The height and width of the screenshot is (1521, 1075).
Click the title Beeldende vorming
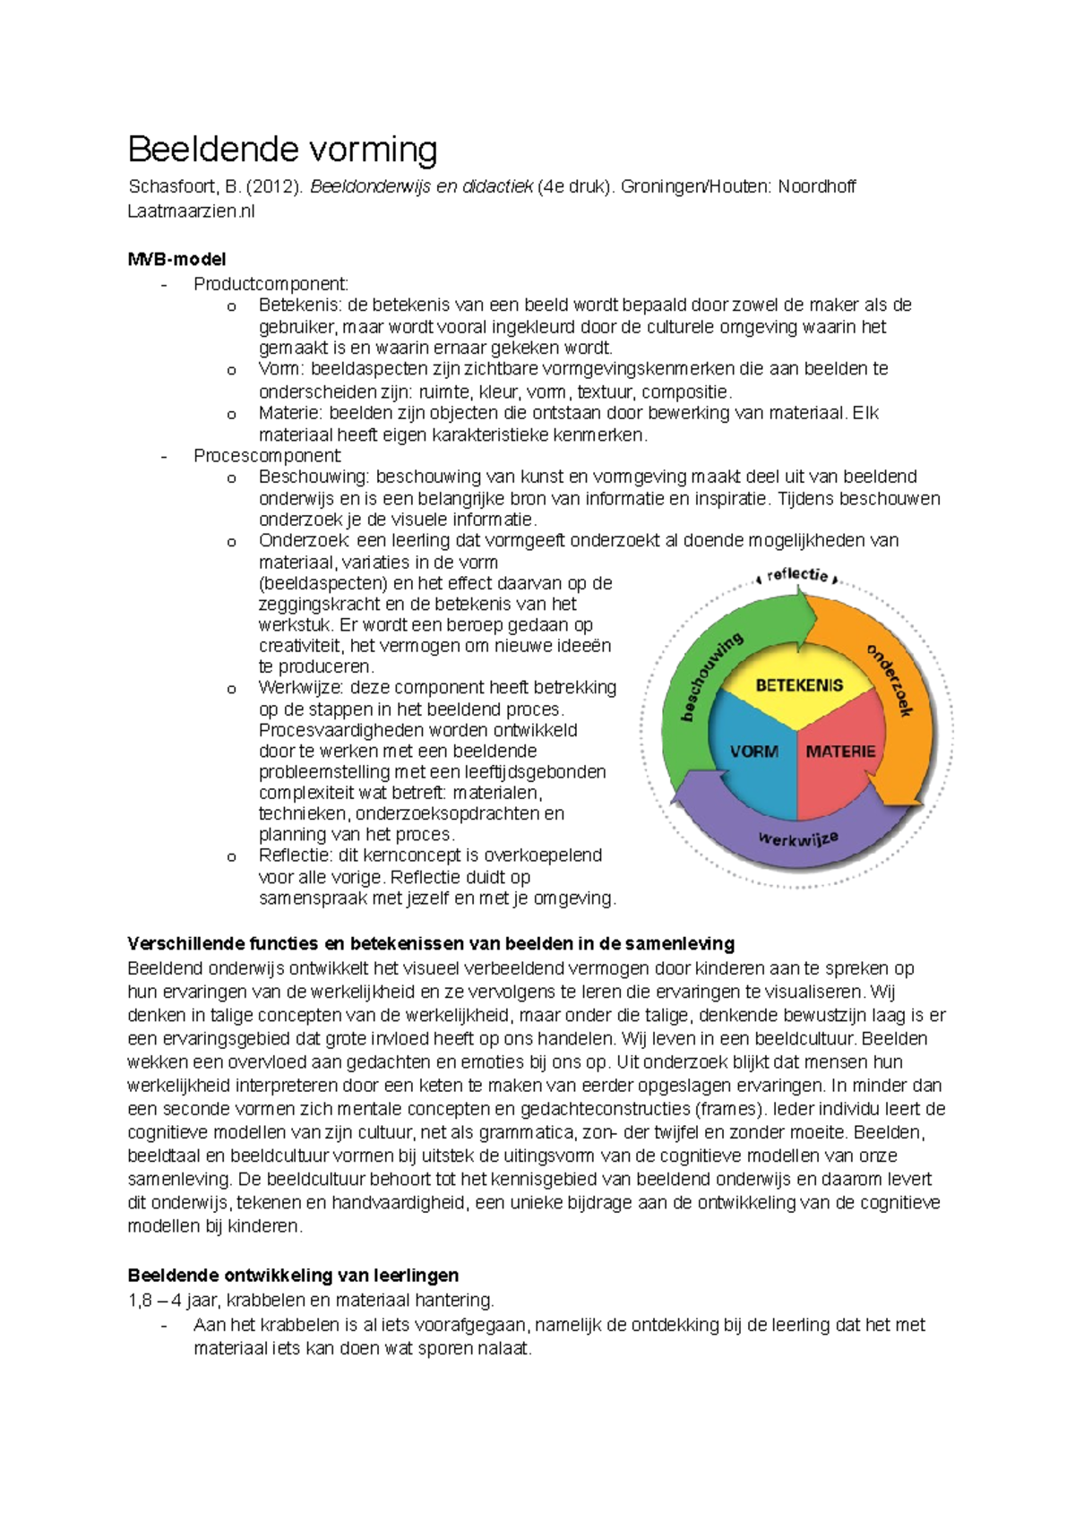[x=282, y=150]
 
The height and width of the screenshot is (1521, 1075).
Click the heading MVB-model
[x=176, y=260]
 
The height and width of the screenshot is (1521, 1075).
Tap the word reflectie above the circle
[x=797, y=574]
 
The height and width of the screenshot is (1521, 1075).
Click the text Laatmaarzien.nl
[x=191, y=211]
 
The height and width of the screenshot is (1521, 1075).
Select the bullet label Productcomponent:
[x=271, y=285]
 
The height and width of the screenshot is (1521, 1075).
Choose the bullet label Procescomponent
[x=267, y=456]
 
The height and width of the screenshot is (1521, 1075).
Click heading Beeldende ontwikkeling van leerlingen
[x=293, y=1276]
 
